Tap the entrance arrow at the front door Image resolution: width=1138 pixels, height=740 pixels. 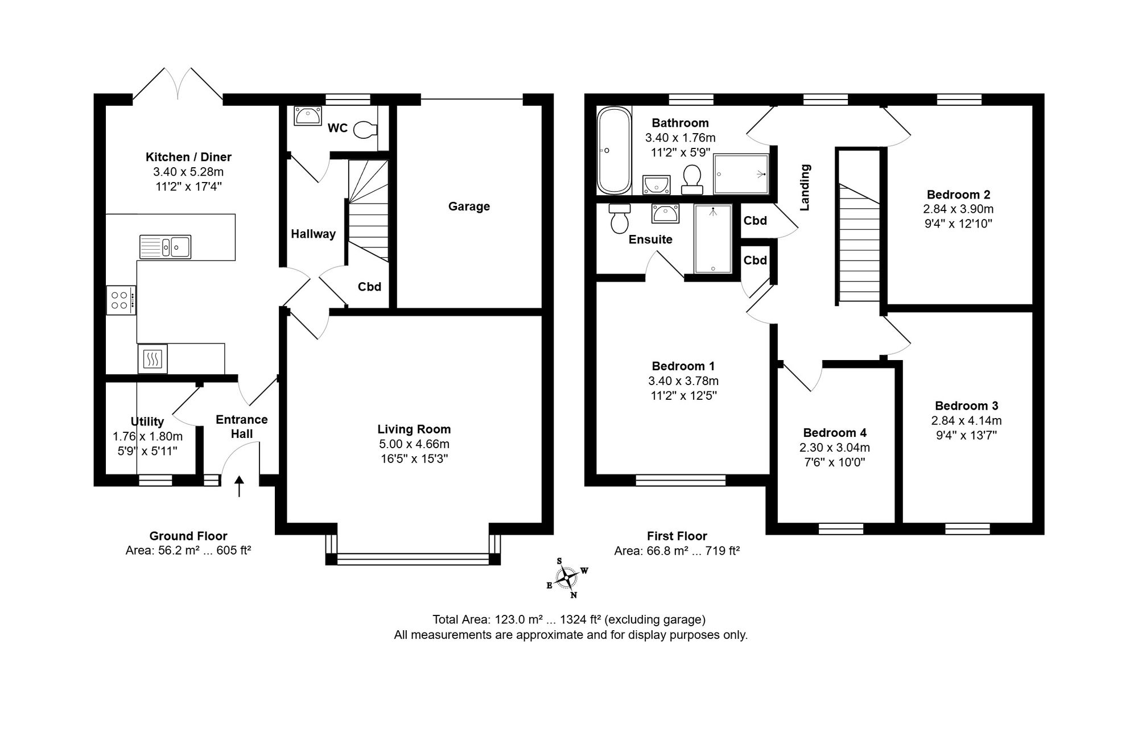click(239, 487)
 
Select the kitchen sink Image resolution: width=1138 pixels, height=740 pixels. click(165, 247)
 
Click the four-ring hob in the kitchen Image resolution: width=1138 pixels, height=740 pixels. click(121, 300)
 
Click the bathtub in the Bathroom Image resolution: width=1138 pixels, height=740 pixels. click(613, 151)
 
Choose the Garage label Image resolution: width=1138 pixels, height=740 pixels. click(469, 206)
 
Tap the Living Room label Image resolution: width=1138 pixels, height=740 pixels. click(414, 429)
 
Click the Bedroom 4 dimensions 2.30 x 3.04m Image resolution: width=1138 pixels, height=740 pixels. click(835, 448)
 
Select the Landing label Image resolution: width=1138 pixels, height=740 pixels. click(805, 187)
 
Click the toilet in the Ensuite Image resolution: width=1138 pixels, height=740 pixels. click(619, 218)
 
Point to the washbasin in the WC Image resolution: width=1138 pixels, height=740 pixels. click(308, 116)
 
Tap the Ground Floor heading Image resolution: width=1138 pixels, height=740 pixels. click(188, 536)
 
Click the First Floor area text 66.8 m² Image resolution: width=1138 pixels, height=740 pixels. click(677, 551)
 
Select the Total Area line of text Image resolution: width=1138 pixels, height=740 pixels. click(569, 619)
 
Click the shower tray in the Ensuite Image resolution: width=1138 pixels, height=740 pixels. click(712, 239)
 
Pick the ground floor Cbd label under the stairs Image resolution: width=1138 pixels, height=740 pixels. click(369, 287)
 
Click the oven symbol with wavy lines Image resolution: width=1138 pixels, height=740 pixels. click(152, 359)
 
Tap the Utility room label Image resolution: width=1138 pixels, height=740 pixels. click(147, 421)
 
